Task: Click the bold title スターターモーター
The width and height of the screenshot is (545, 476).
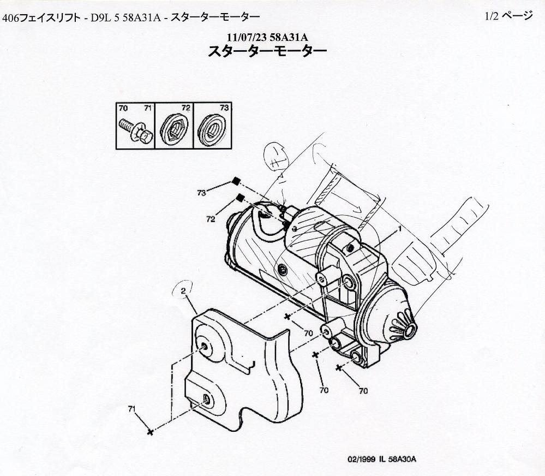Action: (267, 52)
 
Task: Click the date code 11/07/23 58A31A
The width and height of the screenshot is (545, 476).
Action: (267, 37)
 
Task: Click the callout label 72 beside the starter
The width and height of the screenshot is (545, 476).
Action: (211, 219)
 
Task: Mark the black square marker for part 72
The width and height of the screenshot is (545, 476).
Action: (241, 198)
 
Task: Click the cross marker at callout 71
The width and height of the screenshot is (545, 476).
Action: (150, 432)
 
